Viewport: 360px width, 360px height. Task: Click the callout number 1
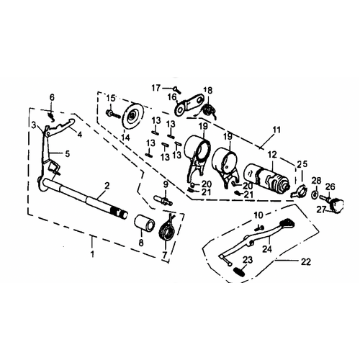tap(92, 253)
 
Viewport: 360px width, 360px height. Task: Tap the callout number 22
tap(306, 261)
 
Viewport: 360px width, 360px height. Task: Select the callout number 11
tap(276, 130)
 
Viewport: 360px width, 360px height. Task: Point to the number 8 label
tap(141, 242)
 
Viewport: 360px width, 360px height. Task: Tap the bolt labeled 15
tap(113, 114)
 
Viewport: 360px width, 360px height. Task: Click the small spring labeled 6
tap(52, 116)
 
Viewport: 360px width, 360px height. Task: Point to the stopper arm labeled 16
tap(189, 104)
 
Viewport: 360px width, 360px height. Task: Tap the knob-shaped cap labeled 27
tap(338, 206)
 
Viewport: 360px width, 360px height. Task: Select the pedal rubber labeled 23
tap(239, 271)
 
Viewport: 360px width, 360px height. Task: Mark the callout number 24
tap(267, 248)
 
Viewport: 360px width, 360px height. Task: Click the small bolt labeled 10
tap(260, 228)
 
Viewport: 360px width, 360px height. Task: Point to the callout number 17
tap(156, 88)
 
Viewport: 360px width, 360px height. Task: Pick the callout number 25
tap(302, 164)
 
